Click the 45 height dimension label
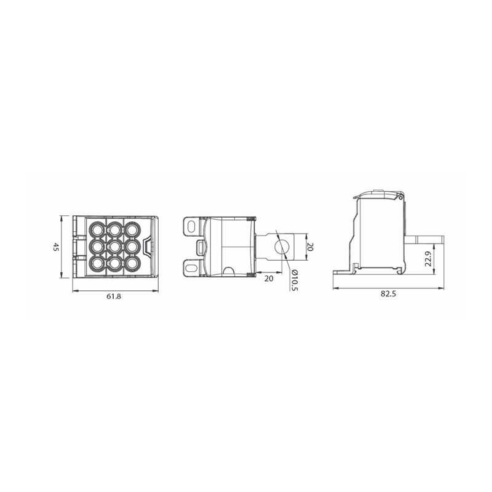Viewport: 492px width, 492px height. pyautogui.click(x=56, y=247)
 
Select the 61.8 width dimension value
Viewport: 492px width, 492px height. pyautogui.click(x=114, y=296)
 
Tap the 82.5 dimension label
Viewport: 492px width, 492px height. pyautogui.click(x=389, y=294)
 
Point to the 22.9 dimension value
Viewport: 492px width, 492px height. pyautogui.click(x=428, y=258)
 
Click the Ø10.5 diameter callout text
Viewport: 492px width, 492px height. pyautogui.click(x=294, y=280)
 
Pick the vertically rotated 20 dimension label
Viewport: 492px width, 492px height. pyautogui.click(x=310, y=247)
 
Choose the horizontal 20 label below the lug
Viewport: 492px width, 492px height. pyautogui.click(x=269, y=279)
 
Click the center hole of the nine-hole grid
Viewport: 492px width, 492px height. pyautogui.click(x=115, y=247)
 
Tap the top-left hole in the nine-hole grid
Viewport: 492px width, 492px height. pyautogui.click(x=98, y=229)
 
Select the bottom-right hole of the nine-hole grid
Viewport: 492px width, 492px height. pyautogui.click(x=132, y=264)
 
